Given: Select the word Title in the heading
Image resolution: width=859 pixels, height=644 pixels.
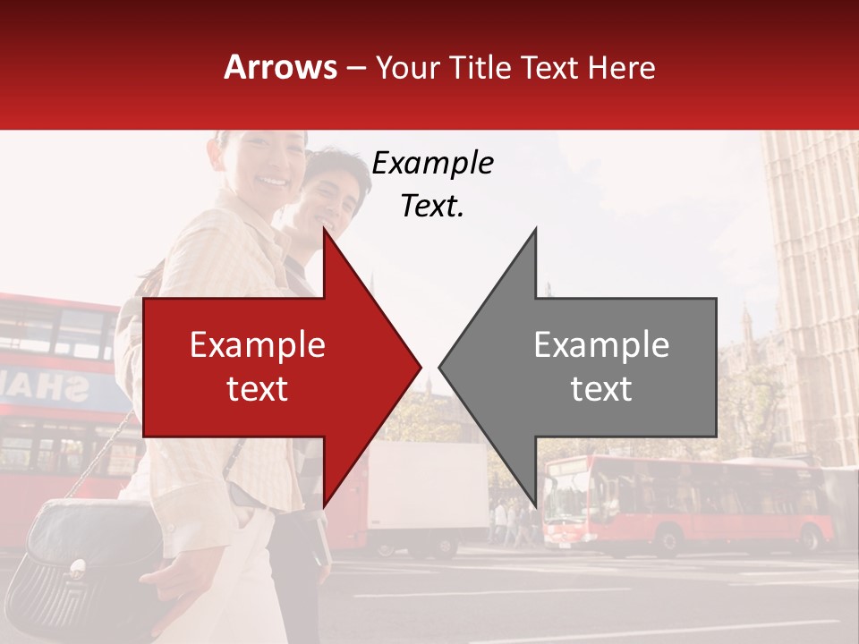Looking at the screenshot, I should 480,68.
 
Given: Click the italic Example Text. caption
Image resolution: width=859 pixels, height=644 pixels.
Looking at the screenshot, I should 432,184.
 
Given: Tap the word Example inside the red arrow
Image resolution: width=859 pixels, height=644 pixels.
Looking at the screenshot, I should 258,344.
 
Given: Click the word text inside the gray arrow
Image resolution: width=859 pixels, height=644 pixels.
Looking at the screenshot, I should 601,388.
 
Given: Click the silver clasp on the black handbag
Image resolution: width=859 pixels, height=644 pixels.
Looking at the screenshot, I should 78,565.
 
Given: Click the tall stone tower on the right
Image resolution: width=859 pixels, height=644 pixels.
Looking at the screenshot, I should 810,286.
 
